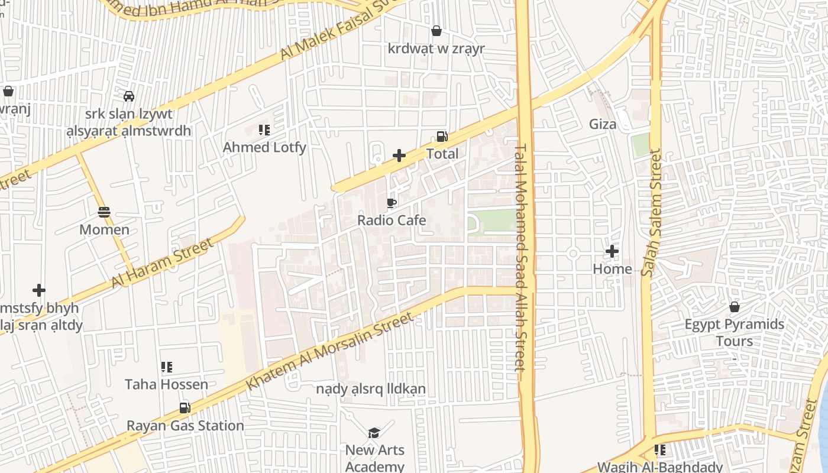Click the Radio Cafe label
pyautogui.click(x=392, y=221)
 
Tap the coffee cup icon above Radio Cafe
pyautogui.click(x=391, y=203)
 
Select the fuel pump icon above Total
pyautogui.click(x=442, y=137)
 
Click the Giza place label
pyautogui.click(x=603, y=124)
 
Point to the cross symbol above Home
pyautogui.click(x=612, y=252)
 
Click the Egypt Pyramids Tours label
pyautogui.click(x=735, y=332)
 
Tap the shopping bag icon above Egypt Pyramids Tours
pyautogui.click(x=734, y=307)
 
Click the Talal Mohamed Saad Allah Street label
pyautogui.click(x=520, y=257)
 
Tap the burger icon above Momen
pyautogui.click(x=104, y=212)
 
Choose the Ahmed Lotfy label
pyautogui.click(x=264, y=147)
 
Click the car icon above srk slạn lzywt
pyautogui.click(x=128, y=96)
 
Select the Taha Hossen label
pyautogui.click(x=166, y=384)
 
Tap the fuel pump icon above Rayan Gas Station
pyautogui.click(x=185, y=408)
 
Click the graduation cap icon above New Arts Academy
pyautogui.click(x=374, y=433)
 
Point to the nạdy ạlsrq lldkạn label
pyautogui.click(x=371, y=389)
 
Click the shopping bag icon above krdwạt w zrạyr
pyautogui.click(x=436, y=31)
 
